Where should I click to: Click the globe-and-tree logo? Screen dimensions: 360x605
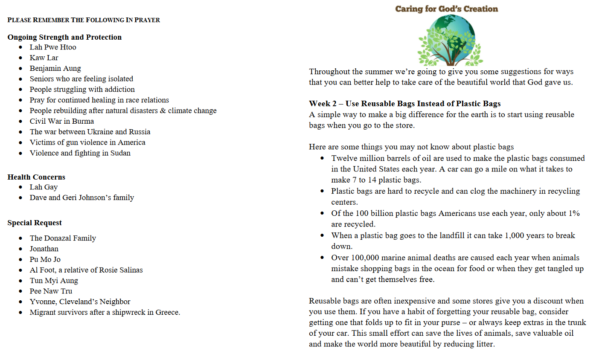(x=449, y=40)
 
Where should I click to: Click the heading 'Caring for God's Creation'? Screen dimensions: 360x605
(x=446, y=9)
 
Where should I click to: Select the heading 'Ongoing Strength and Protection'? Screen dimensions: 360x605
(x=64, y=37)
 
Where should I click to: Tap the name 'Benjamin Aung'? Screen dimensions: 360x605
(x=55, y=68)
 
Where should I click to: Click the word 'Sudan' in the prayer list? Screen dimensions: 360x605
(x=120, y=153)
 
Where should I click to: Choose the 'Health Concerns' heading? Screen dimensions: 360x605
(x=36, y=177)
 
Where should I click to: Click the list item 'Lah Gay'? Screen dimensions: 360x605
(x=44, y=187)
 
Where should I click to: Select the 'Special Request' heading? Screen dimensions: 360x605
(x=35, y=223)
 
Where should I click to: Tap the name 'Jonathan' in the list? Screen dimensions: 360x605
(x=44, y=249)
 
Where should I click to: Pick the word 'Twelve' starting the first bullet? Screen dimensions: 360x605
(x=343, y=158)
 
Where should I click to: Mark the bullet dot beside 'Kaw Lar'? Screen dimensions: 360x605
(x=20, y=58)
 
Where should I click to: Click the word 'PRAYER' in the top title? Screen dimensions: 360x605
(x=147, y=20)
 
